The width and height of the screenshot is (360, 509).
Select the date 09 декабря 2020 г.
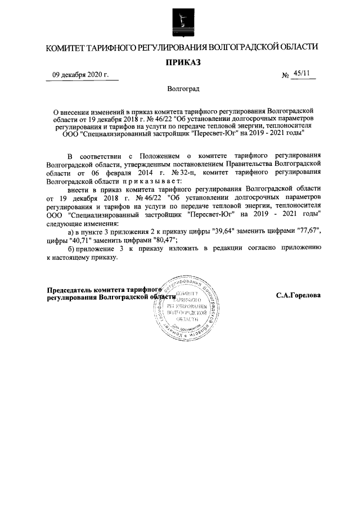point(81,75)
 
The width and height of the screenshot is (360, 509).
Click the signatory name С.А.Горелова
point(298,295)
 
